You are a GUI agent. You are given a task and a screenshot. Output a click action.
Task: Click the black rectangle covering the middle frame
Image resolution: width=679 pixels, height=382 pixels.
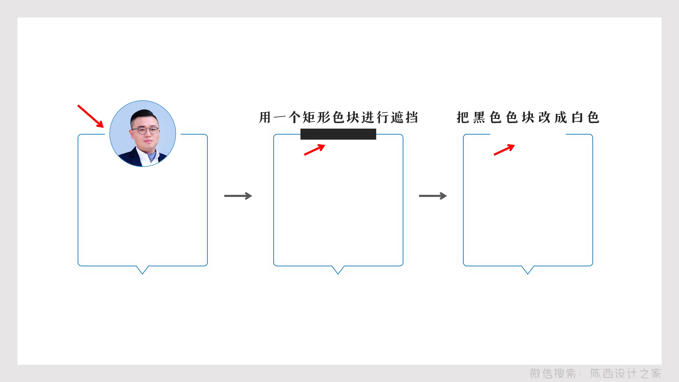click(x=338, y=134)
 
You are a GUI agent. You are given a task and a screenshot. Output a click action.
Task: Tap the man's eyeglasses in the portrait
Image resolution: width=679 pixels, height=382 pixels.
click(x=145, y=131)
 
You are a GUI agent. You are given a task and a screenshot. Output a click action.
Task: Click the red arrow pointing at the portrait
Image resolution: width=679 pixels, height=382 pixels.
click(x=90, y=116)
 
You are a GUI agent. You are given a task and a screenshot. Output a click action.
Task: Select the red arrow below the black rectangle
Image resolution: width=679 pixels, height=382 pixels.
click(x=314, y=150)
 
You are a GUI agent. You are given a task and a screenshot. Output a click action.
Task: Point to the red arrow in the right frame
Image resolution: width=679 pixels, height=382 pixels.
click(x=504, y=150)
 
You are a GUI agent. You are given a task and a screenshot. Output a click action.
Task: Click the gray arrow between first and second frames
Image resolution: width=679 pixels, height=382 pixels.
click(x=238, y=196)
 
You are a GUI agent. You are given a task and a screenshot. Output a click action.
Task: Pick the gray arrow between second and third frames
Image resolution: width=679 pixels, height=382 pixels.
click(x=433, y=196)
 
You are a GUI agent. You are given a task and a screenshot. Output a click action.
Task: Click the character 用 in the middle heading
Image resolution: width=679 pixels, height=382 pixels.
click(x=265, y=117)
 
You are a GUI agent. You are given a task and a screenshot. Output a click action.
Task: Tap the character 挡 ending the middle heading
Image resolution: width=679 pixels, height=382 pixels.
click(x=412, y=117)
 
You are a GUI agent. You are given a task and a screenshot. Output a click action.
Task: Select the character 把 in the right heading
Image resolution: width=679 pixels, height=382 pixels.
click(x=463, y=117)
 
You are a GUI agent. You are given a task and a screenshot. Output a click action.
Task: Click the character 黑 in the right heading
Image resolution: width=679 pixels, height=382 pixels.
click(x=479, y=117)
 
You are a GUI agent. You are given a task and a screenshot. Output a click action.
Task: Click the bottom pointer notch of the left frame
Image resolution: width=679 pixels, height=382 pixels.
click(x=142, y=270)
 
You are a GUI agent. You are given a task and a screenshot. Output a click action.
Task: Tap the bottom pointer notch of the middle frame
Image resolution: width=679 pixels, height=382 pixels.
click(x=338, y=270)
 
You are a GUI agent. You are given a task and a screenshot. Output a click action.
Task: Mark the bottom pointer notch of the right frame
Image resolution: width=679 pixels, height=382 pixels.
click(x=528, y=270)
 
